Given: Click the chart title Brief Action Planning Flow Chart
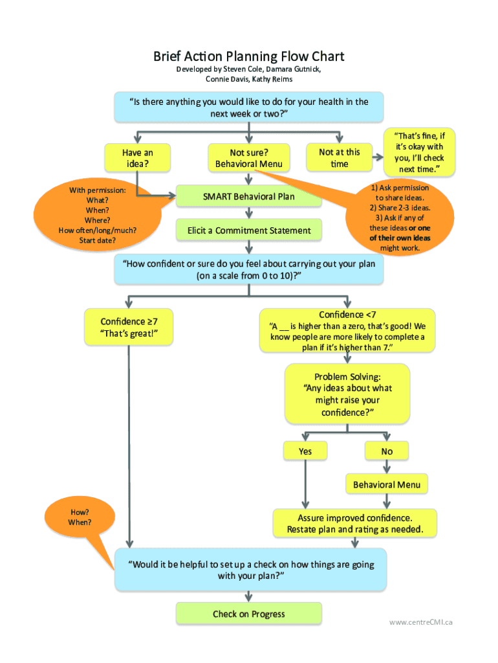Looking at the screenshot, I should point(248,56).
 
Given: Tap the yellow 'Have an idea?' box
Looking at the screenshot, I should point(137,158).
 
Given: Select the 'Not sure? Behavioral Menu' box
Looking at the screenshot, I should point(248,158).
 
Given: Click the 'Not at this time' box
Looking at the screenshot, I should point(340,158).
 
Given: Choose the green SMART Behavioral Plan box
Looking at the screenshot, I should point(248,196).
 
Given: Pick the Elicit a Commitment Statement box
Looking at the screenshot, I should point(248,230).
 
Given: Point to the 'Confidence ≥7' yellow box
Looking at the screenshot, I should point(128,327).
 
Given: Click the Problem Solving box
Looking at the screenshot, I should point(347,394).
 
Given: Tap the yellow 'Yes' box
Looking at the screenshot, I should point(305,451).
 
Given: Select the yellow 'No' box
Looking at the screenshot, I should point(387,451).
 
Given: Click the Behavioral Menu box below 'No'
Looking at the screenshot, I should point(387,484).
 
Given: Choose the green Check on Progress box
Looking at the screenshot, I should point(248,614).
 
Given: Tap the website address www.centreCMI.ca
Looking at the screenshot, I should point(420,622).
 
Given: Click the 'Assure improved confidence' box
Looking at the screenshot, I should point(354,523).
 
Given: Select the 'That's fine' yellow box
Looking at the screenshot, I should point(419,152).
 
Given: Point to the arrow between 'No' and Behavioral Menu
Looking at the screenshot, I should point(387,467).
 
